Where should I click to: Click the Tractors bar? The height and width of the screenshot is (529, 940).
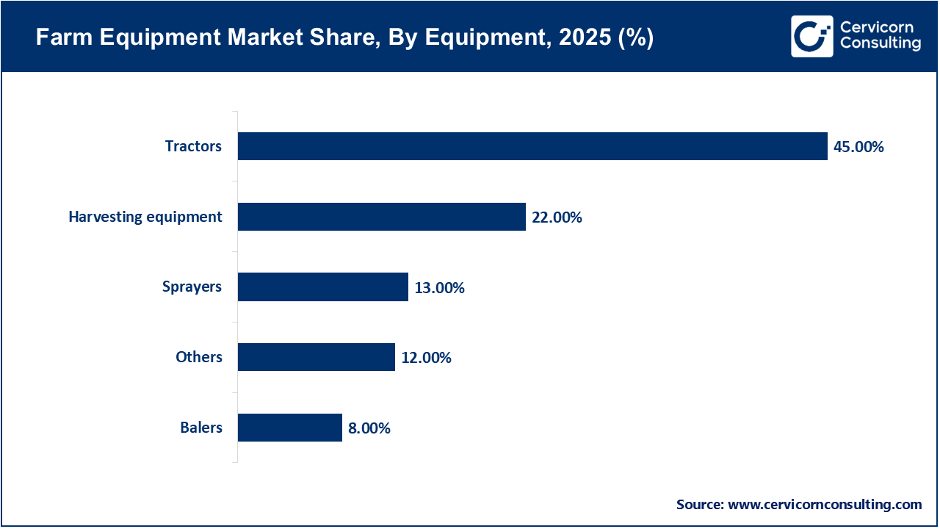(x=532, y=146)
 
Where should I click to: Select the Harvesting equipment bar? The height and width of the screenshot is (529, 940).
(x=382, y=217)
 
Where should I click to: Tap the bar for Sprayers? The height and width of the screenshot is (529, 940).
(x=322, y=287)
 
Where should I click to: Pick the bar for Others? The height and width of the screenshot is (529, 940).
(x=316, y=357)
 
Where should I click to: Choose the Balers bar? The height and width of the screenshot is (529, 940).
(x=289, y=428)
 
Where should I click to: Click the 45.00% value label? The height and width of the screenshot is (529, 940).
(x=858, y=147)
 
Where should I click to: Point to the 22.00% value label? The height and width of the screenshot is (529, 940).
(x=557, y=217)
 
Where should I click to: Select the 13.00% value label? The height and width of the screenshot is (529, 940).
(x=439, y=287)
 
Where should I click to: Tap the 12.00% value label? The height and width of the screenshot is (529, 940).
(x=426, y=358)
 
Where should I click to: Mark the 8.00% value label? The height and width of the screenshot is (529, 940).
(x=369, y=428)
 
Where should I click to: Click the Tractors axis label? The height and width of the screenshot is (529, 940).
(x=193, y=146)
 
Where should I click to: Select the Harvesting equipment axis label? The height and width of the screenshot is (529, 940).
(x=145, y=217)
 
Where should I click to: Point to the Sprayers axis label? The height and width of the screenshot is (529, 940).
(x=192, y=287)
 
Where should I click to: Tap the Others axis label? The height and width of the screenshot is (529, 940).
(x=198, y=357)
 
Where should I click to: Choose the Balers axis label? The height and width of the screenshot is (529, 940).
(x=200, y=428)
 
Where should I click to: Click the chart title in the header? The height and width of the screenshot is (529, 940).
(x=344, y=38)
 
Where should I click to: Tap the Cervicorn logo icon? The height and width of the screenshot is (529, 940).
(x=811, y=36)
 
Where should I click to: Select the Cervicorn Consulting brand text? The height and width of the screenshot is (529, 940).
(x=880, y=36)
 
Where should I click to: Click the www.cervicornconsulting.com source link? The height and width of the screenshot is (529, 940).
(x=824, y=505)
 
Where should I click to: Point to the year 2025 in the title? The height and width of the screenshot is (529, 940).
(x=579, y=38)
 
